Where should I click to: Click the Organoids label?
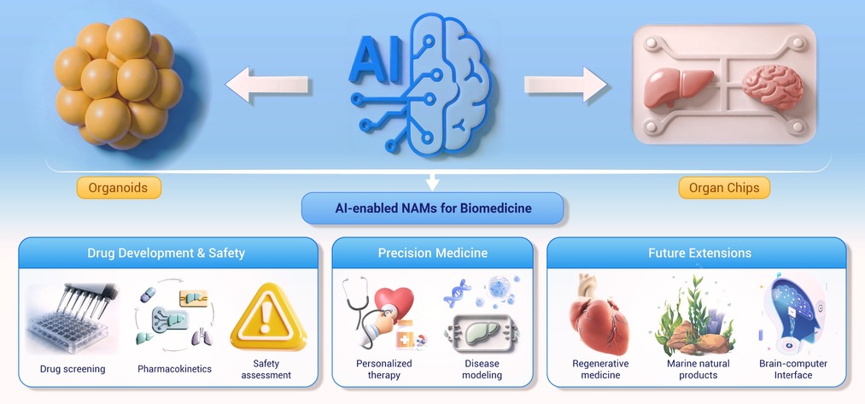click(x=119, y=188)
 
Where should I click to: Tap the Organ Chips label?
click(x=724, y=188)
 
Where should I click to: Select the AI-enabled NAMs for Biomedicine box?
click(x=432, y=208)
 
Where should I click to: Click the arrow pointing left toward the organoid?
click(x=266, y=85)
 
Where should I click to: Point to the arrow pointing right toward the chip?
click(x=565, y=85)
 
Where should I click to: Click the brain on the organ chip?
click(x=772, y=86)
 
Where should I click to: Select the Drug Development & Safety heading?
click(x=166, y=254)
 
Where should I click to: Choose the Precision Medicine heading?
click(x=432, y=254)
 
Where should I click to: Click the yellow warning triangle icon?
click(x=268, y=318)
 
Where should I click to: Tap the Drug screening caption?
click(x=73, y=369)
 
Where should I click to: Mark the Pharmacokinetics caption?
click(x=174, y=369)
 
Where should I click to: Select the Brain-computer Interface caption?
click(x=793, y=369)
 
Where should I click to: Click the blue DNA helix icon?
click(x=458, y=292)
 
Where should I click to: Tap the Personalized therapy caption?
click(x=383, y=369)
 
